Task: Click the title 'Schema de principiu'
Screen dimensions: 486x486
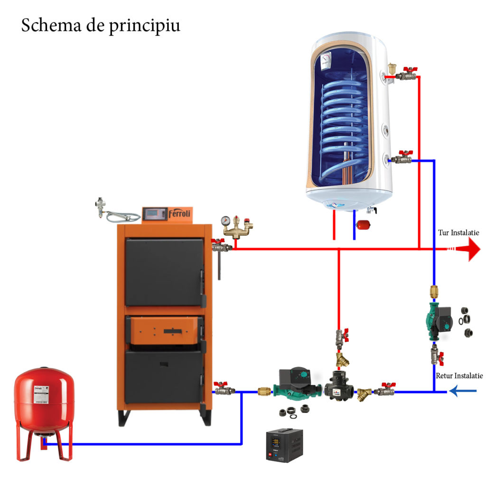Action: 101,26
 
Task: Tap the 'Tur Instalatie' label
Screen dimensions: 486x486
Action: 458,233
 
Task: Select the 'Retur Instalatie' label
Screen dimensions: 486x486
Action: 459,375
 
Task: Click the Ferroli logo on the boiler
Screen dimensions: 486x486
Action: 179,214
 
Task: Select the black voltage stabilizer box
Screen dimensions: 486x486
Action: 284,444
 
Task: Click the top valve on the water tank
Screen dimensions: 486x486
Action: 404,75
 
